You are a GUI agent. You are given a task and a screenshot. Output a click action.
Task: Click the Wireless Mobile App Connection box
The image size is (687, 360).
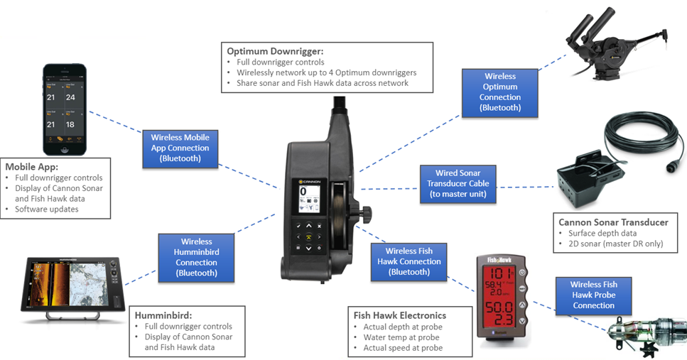(x=180, y=148)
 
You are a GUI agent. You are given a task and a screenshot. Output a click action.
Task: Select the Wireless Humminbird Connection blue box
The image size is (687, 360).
(x=196, y=257)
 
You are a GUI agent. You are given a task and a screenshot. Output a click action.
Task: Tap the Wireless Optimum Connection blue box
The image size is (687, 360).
(x=499, y=92)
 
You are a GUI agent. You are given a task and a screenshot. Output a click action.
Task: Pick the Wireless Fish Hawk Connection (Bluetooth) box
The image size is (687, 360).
(x=409, y=261)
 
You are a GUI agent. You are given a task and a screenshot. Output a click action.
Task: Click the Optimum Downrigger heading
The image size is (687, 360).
(x=275, y=51)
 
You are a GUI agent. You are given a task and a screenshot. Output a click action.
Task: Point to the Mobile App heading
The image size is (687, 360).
(x=33, y=166)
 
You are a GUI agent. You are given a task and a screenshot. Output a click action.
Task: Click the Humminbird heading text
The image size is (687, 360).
(x=161, y=315)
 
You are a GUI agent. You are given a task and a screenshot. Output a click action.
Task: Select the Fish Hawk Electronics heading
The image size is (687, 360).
(x=400, y=315)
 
